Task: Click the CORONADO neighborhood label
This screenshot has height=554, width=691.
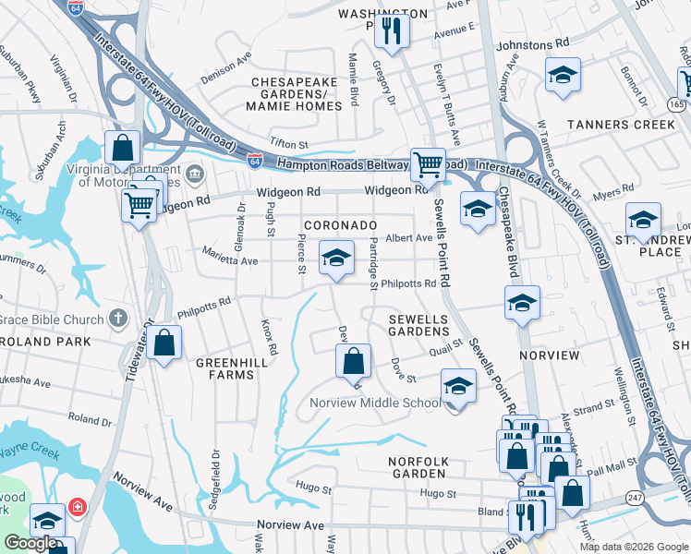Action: [340, 225]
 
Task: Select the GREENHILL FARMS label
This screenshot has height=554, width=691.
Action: [224, 368]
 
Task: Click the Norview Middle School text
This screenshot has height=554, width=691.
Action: [375, 403]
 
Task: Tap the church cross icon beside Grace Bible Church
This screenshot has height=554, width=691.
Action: [117, 319]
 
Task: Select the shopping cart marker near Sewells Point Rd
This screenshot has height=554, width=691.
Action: [428, 165]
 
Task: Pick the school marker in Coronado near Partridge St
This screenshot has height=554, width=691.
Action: [337, 258]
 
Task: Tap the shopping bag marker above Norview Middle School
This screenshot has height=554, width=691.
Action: [353, 361]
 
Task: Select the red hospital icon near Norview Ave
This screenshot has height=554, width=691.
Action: [76, 508]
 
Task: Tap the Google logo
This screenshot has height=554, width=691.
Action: [30, 543]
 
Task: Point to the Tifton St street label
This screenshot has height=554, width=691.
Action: [288, 143]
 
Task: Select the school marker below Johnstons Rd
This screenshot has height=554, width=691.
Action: [563, 77]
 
